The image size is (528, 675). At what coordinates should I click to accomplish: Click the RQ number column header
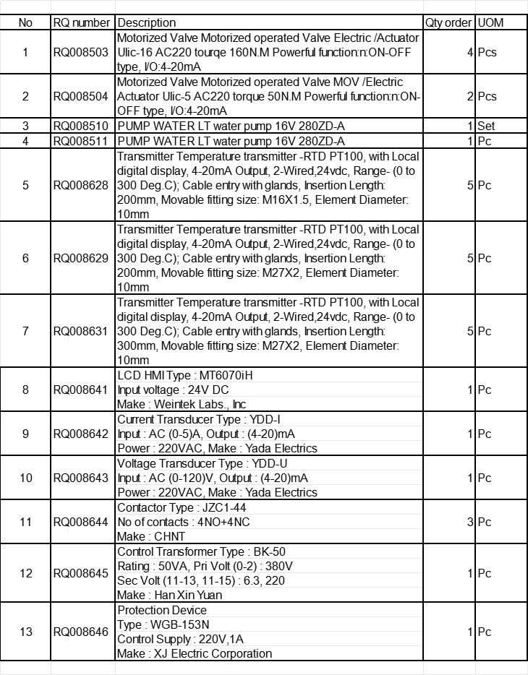83,22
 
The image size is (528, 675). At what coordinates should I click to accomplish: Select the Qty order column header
448,22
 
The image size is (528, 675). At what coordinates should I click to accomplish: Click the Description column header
146,22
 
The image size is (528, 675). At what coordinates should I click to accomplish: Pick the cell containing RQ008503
82,52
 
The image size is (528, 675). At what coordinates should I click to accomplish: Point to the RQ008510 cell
82,126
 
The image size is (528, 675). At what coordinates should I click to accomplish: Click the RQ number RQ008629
82,258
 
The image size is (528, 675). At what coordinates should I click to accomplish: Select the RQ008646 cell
82,632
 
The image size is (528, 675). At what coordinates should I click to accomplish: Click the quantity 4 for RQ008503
470,52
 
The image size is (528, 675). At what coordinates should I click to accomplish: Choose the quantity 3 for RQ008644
470,522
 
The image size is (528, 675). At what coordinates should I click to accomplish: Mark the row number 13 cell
25,632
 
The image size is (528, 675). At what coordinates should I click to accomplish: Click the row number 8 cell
25,390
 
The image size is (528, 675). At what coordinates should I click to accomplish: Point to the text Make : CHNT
151,536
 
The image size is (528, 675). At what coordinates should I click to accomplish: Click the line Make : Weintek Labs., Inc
182,404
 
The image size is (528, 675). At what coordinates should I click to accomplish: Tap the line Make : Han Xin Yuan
169,595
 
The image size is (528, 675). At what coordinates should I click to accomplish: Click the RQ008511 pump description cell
231,141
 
